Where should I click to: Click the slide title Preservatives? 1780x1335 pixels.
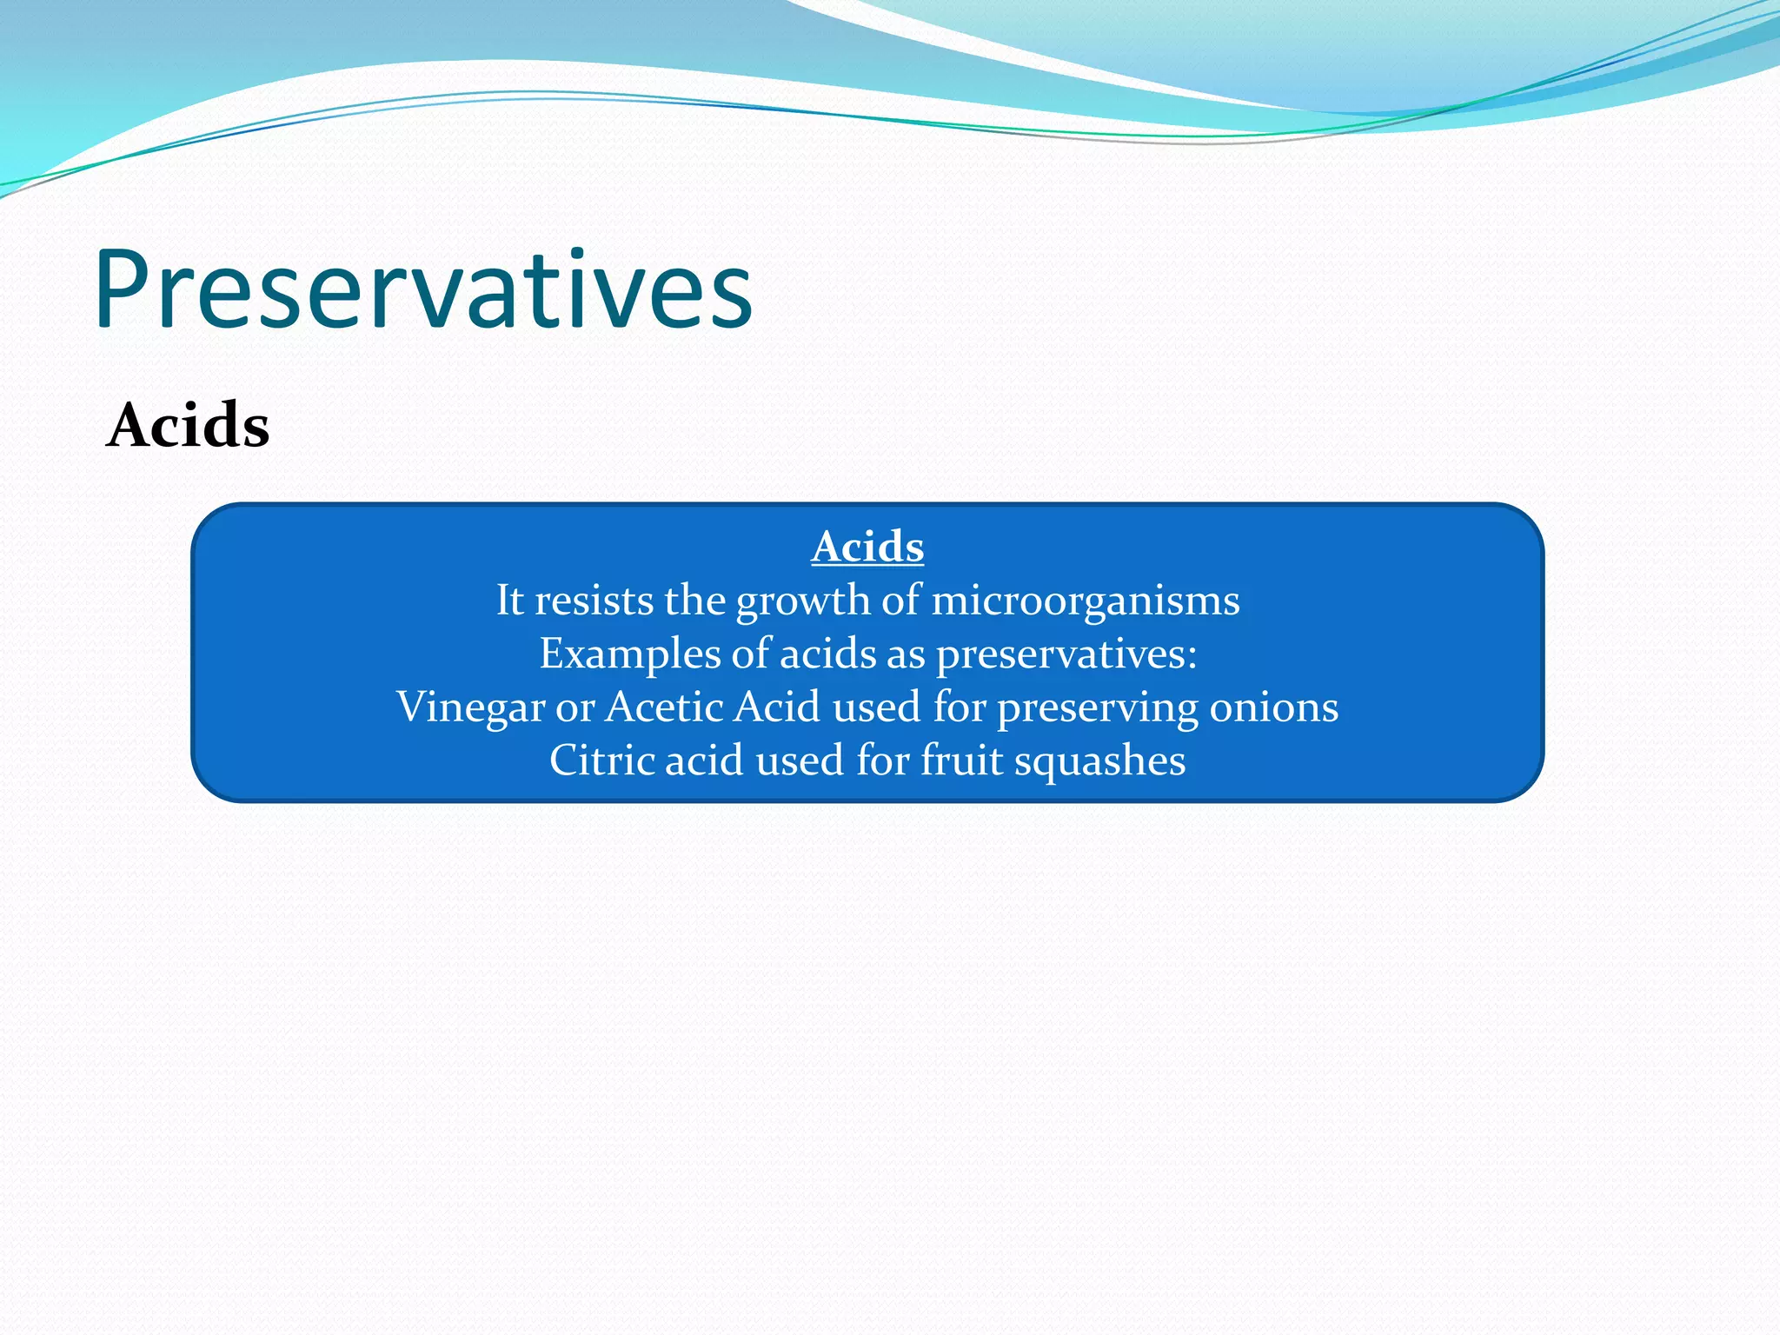(423, 290)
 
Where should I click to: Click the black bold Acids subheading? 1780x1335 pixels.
(188, 426)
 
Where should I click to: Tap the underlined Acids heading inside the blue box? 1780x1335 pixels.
(867, 548)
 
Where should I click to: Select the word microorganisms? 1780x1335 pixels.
(1086, 601)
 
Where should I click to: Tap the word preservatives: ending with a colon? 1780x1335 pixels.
(1066, 655)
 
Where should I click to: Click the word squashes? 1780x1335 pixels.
(1099, 761)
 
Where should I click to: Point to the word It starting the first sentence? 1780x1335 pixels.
(509, 601)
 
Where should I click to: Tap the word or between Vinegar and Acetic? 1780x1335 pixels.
(575, 708)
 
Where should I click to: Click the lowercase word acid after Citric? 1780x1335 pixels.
(705, 760)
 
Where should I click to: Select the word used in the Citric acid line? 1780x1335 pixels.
(800, 760)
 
